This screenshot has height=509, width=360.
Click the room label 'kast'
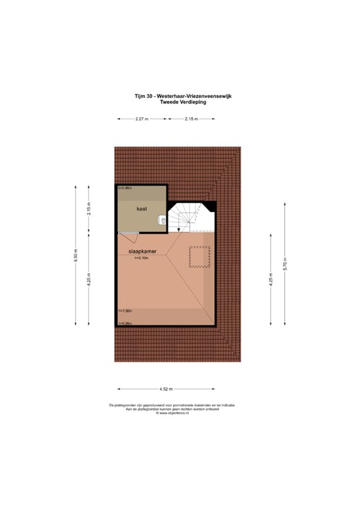point(141,209)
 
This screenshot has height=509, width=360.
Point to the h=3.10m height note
point(141,258)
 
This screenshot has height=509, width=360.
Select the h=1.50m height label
point(125,310)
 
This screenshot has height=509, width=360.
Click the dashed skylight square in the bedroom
point(199,257)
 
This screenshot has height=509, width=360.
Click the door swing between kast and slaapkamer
point(127,234)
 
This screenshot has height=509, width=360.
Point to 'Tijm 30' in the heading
point(143,96)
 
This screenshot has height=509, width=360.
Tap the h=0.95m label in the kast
point(125,189)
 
